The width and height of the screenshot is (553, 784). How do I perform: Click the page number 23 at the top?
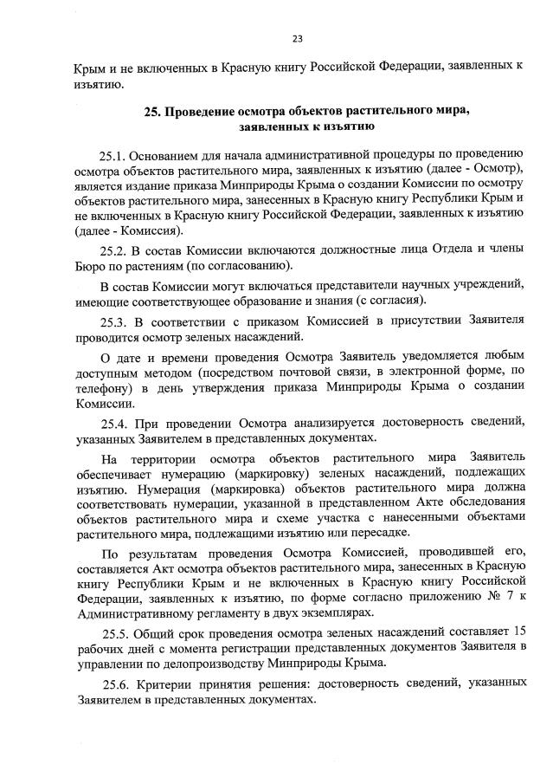point(297,38)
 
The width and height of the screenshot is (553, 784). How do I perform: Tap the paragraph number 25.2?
point(114,249)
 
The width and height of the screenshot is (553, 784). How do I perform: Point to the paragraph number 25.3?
point(114,321)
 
